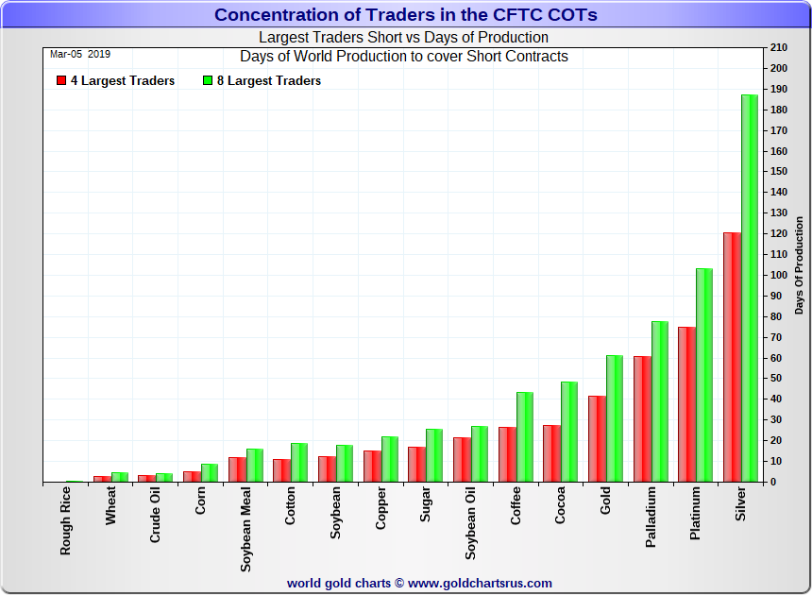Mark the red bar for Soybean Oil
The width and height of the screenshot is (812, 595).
coord(462,459)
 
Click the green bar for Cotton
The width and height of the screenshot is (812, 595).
coord(299,462)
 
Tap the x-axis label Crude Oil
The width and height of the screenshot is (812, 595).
coord(156,516)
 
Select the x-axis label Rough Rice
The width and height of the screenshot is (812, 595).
coord(66,519)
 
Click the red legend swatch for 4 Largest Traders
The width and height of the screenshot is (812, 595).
coord(60,81)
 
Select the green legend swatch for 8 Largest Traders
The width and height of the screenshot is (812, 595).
coord(208,81)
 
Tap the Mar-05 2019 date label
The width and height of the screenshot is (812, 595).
coord(80,54)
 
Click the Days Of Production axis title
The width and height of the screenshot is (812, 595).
coord(799,264)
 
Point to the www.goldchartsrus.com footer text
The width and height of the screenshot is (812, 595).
coord(481,584)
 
